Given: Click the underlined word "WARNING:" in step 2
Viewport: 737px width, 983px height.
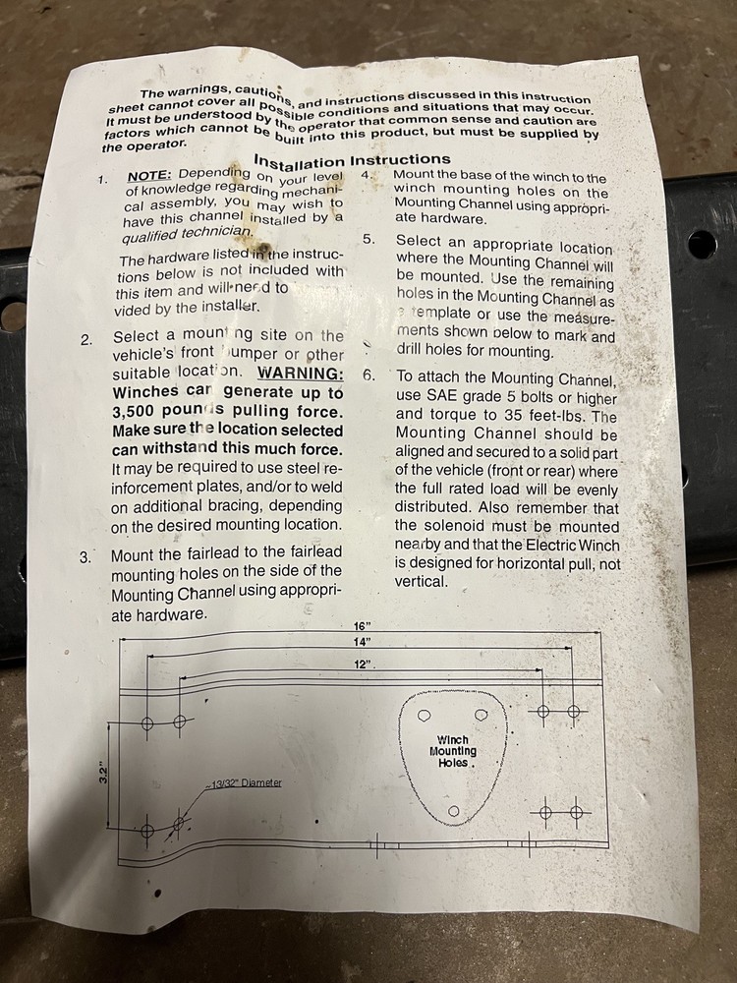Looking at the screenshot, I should (x=301, y=373).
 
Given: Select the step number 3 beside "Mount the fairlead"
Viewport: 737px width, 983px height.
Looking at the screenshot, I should (x=86, y=556).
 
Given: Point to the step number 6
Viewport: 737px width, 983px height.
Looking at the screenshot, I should (x=368, y=376).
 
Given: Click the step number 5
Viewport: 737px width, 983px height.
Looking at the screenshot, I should (x=368, y=240).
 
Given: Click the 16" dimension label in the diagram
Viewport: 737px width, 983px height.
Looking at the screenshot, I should (x=361, y=627).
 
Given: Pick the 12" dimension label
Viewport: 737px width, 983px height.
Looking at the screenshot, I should (x=365, y=665).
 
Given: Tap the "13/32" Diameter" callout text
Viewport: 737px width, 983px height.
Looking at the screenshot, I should (x=247, y=782).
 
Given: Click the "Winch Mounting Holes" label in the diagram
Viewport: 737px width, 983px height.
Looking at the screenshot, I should (x=452, y=751).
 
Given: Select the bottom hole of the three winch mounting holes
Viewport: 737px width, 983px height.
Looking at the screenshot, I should (x=453, y=809).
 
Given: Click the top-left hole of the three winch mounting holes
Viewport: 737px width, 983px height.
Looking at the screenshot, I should (x=425, y=715).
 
